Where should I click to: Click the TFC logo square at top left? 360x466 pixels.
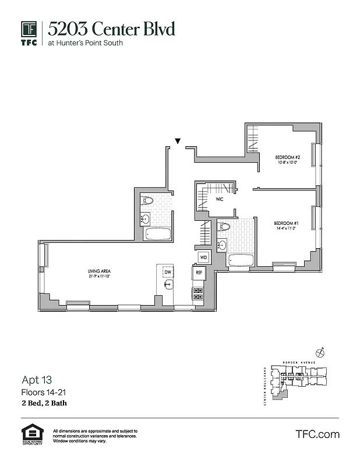pyautogui.click(x=30, y=29)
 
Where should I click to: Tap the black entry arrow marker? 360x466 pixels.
pyautogui.click(x=178, y=141)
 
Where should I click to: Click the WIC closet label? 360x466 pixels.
pyautogui.click(x=220, y=199)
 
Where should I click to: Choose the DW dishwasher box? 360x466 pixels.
pyautogui.click(x=168, y=272)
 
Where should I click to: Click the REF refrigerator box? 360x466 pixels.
pyautogui.click(x=199, y=272)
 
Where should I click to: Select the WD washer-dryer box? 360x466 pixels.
pyautogui.click(x=203, y=257)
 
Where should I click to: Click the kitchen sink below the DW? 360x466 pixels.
pyautogui.click(x=168, y=285)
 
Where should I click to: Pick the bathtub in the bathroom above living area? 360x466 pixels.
pyautogui.click(x=157, y=235)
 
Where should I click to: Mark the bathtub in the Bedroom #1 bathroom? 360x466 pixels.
pyautogui.click(x=239, y=260)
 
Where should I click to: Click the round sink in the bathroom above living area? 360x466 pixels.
pyautogui.click(x=146, y=219)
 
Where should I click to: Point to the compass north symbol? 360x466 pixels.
pyautogui.click(x=319, y=352)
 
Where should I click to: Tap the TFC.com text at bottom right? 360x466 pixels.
pyautogui.click(x=317, y=434)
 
